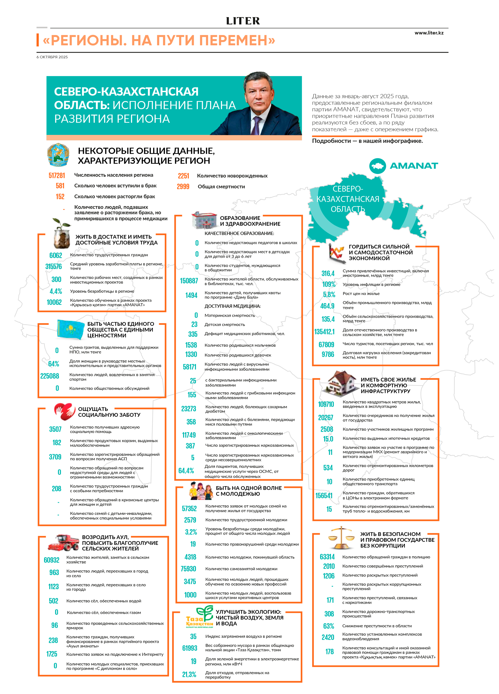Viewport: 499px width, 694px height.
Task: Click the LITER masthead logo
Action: pyautogui.click(x=243, y=21)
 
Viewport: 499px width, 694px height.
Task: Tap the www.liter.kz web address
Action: pyautogui.click(x=429, y=33)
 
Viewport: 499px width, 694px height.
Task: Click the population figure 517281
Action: pyautogui.click(x=57, y=175)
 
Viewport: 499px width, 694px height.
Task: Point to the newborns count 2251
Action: pyautogui.click(x=184, y=176)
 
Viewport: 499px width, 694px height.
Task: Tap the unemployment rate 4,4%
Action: pyautogui.click(x=56, y=291)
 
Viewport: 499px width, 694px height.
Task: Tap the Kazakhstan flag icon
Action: pyautogui.click(x=70, y=329)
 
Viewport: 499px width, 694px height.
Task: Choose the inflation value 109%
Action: pyautogui.click(x=329, y=284)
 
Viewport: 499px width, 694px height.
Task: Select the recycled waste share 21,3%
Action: pyautogui.click(x=189, y=674)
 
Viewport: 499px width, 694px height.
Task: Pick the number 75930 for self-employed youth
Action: pyautogui.click(x=188, y=569)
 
